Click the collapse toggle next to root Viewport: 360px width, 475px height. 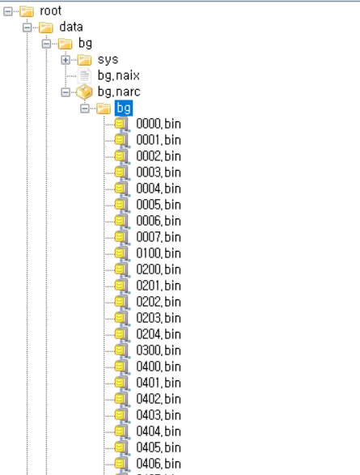8,11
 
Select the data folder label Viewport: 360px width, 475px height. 71,27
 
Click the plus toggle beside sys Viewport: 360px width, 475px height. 66,60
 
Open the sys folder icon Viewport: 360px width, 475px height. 84,60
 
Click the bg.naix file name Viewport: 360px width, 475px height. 119,76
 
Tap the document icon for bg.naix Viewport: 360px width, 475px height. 84,76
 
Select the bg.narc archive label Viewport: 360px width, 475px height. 119,91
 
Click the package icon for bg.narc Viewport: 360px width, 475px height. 84,91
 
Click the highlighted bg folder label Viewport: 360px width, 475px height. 124,108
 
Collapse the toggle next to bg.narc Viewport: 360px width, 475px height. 66,92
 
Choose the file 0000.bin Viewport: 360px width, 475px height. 159,124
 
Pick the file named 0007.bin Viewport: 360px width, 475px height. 159,237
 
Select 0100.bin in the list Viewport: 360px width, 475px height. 159,253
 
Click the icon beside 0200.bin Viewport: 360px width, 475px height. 122,269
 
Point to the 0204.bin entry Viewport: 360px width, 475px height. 159,334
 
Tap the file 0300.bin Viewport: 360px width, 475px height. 159,350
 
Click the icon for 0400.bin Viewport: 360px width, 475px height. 122,367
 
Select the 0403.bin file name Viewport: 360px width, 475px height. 159,415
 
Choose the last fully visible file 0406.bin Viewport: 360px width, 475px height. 159,464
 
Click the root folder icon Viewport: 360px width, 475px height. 27,11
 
